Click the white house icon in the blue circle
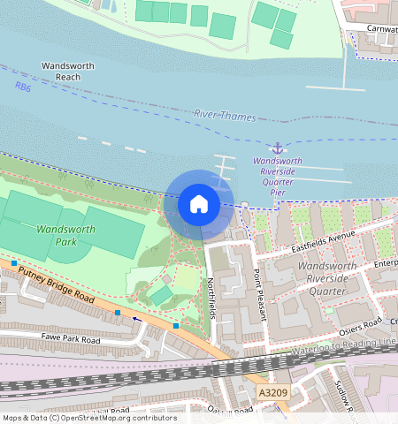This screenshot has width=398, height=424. tap(199, 205)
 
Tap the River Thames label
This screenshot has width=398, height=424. tap(225, 117)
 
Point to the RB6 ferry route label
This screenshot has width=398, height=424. tap(22, 87)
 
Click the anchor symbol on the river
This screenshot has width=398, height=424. tap(277, 148)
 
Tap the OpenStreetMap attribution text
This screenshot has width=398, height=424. tap(88, 418)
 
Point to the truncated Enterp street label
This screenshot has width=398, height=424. tap(385, 264)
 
